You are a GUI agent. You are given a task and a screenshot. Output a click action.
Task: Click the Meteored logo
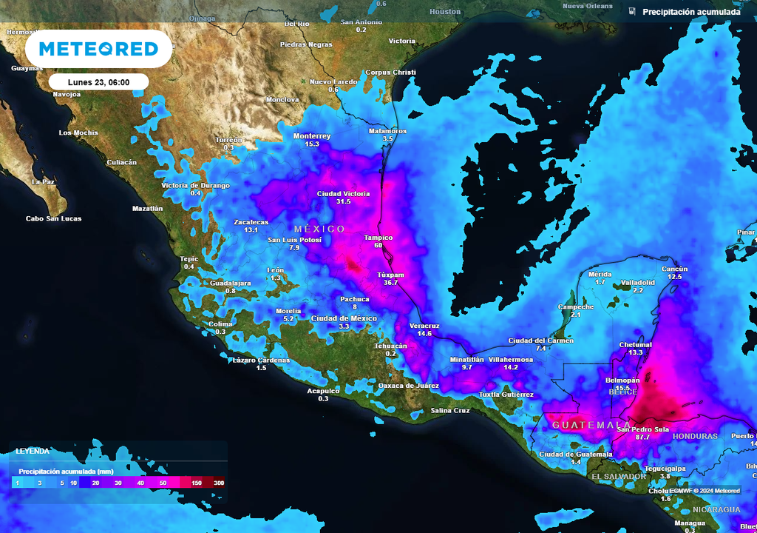coord(98,50)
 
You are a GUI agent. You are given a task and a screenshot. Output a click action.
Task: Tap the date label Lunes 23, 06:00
coord(98,81)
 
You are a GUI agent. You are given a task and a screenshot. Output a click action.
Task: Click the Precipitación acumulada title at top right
coord(691,12)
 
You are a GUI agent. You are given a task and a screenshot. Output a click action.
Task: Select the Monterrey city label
coord(312,136)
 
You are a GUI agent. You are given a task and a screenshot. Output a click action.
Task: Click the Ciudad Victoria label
coord(343,194)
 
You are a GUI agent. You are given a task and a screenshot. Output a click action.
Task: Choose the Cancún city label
coord(674,269)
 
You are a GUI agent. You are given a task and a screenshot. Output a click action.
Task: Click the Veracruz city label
coord(424,326)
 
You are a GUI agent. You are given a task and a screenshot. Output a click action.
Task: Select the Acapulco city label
coord(323,390)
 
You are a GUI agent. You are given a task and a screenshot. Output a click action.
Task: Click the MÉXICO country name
coord(319,229)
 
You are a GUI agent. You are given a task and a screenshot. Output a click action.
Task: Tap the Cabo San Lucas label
coord(54,218)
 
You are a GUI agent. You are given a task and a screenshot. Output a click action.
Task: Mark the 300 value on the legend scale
coord(218,483)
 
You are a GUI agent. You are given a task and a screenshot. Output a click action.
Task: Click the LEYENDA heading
coord(33,451)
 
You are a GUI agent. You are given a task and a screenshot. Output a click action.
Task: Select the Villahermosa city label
coord(511,359)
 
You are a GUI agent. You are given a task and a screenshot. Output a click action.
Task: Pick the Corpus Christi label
coord(391,73)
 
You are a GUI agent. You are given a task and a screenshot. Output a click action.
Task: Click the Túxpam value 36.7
coord(390,282)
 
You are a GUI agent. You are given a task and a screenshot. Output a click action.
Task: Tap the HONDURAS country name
coord(695,437)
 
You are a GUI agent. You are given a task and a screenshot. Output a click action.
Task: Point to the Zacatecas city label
coord(251,222)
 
